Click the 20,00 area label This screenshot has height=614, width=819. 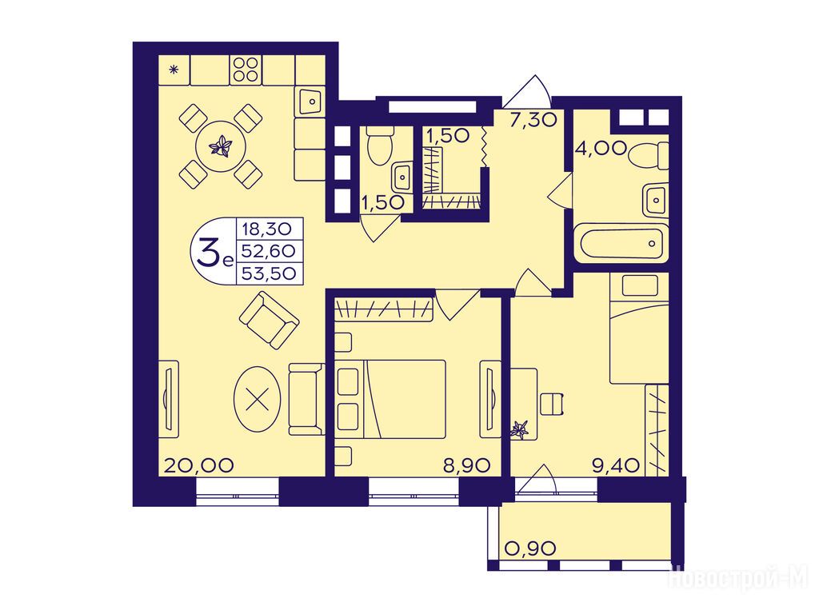[x=198, y=464]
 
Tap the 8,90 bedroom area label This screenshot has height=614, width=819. [x=467, y=464]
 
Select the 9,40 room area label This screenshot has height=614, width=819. [x=617, y=464]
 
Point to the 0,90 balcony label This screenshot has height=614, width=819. [x=531, y=548]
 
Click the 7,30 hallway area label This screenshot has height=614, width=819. [x=533, y=120]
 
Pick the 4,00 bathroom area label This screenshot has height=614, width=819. [x=601, y=148]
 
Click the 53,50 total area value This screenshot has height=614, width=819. [x=269, y=273]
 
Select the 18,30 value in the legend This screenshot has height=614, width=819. [x=269, y=229]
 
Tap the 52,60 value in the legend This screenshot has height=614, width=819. [x=269, y=250]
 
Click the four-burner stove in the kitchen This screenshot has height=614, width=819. [x=246, y=69]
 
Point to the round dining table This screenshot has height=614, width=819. [x=221, y=146]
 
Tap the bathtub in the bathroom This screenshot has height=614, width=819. [x=621, y=242]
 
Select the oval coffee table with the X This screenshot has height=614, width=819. [x=257, y=400]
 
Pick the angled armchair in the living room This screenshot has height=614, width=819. [x=269, y=320]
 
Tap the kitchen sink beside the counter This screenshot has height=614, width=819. [x=310, y=100]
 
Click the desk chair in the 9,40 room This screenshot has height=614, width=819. [x=552, y=404]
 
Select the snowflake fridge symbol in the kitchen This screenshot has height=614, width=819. [x=174, y=69]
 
